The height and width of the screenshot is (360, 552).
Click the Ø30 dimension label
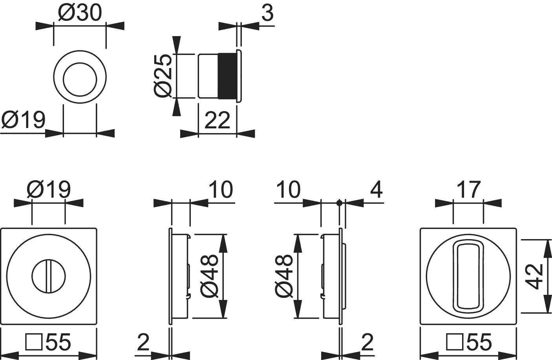tap(80, 13)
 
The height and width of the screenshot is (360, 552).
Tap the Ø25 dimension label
tap(163, 76)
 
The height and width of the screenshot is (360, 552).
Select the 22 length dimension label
tap(217, 120)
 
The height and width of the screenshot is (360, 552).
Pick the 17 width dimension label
tap(468, 190)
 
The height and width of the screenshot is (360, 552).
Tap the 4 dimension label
tap(377, 190)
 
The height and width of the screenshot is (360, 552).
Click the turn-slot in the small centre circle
tap(49, 276)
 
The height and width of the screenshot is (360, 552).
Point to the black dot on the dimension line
tap(339, 203)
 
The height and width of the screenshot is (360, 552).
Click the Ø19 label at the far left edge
tap(24, 120)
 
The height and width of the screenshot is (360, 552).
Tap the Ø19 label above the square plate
tap(49, 190)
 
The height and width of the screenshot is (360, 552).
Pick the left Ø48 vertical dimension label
tap(209, 276)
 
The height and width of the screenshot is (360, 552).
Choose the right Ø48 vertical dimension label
tap(283, 276)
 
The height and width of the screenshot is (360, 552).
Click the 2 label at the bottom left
tap(143, 342)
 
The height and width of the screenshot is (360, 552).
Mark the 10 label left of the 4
tap(289, 190)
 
